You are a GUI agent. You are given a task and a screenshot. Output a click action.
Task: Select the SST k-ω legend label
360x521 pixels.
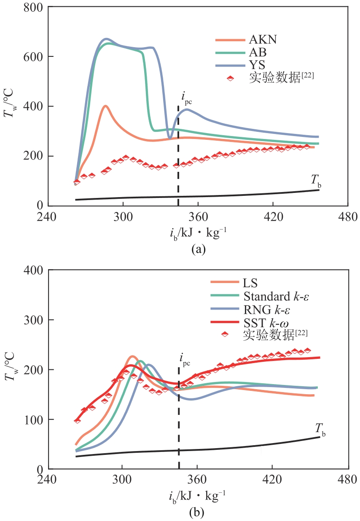(266, 323)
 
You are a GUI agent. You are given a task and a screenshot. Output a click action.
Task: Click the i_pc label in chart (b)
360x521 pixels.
(186, 361)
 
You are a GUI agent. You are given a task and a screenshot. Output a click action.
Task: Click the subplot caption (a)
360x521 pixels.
(198, 249)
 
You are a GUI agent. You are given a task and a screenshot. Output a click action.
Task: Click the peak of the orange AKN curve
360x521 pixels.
(105, 106)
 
